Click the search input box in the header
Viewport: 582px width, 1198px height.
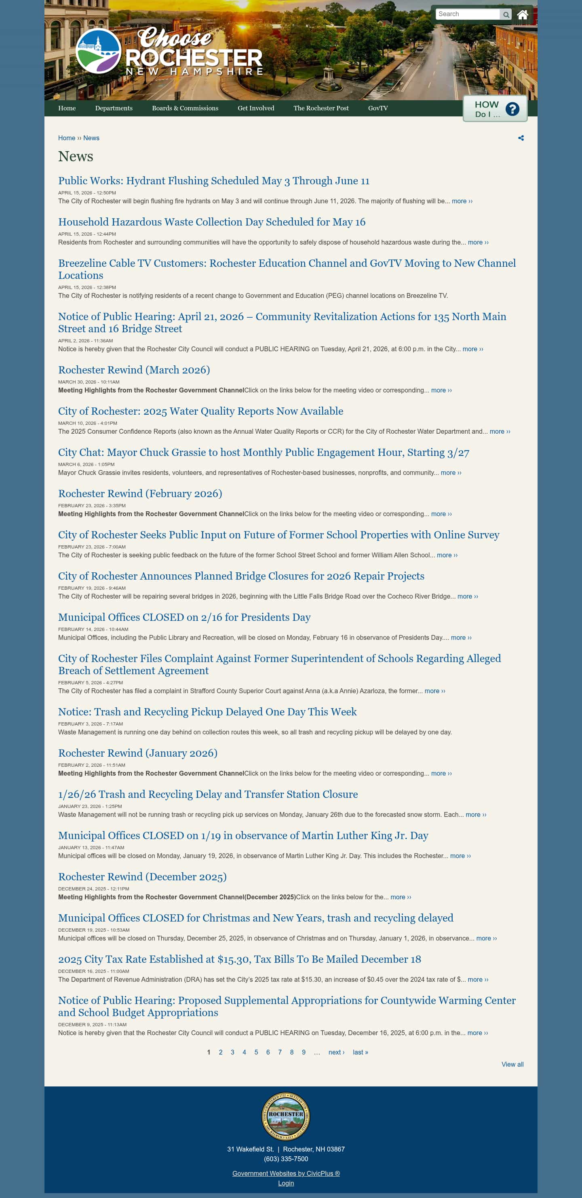(468, 14)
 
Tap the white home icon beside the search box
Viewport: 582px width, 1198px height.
(523, 15)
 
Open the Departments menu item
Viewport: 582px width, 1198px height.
(114, 108)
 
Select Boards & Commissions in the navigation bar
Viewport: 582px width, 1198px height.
(185, 108)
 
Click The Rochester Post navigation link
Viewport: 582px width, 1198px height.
(321, 108)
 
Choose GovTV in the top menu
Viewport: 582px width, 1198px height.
(377, 108)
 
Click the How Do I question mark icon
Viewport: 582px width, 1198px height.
(512, 109)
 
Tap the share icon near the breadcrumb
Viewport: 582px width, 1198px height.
(521, 138)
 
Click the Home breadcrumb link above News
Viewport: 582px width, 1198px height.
(67, 138)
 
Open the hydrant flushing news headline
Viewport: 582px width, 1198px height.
(213, 181)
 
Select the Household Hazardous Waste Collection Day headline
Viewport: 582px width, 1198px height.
(212, 222)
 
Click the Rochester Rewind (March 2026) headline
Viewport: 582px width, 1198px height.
(134, 370)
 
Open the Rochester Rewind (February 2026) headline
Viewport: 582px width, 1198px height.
(140, 494)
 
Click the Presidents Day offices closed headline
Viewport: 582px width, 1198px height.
(184, 617)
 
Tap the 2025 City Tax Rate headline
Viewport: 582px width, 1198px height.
(239, 959)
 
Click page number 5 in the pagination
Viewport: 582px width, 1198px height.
(256, 1052)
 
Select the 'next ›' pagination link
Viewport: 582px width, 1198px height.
(336, 1052)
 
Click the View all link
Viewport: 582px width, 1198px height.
(512, 1064)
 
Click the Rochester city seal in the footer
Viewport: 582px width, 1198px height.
(286, 1116)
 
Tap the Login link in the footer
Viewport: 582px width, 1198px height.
(286, 1183)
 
